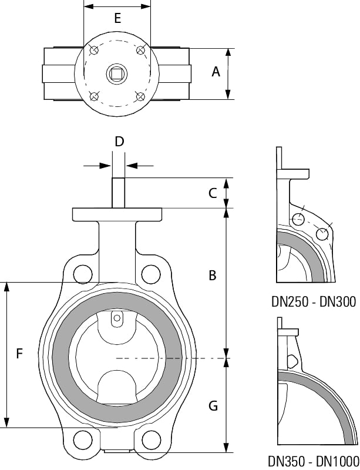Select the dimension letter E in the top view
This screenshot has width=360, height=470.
click(117, 18)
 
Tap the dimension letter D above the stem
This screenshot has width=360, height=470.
click(119, 142)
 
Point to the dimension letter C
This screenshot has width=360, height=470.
click(213, 192)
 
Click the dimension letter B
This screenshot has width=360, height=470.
click(213, 274)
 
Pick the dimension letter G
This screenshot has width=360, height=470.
click(213, 405)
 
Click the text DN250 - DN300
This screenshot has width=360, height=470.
click(314, 302)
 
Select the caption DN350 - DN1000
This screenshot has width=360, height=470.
click(314, 461)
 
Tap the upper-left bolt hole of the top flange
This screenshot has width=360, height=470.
click(94, 51)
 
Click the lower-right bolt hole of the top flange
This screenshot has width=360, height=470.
click(140, 96)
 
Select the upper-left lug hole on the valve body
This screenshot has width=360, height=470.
click(83, 274)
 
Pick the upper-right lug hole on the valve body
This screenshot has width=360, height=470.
click(151, 274)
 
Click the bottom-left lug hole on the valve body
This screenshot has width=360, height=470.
click(83, 439)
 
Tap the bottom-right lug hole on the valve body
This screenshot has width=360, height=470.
click(151, 439)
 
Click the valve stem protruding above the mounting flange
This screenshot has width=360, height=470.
click(117, 192)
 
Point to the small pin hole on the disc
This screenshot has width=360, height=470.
click(117, 319)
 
